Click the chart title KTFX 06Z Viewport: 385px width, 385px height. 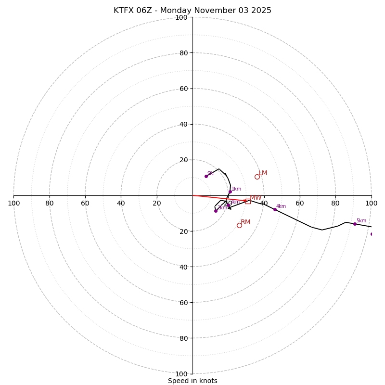192,11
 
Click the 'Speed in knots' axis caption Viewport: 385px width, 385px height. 192,381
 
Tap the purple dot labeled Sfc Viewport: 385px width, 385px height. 206,176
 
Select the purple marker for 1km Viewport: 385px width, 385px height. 230,192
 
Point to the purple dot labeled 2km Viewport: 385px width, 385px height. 216,211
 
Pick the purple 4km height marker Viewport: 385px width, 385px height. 275,209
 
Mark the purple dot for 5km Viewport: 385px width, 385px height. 355,224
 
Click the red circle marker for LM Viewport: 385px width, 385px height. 257,177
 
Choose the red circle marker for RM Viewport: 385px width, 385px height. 239,225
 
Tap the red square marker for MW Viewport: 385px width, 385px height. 248,201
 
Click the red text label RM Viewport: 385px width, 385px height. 245,222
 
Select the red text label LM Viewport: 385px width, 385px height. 263,173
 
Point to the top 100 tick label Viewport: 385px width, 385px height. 181,17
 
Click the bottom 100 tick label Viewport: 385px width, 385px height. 181,374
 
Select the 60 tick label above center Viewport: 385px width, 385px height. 183,89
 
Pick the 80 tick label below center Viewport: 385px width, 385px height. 183,338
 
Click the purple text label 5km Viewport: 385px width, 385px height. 361,221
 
